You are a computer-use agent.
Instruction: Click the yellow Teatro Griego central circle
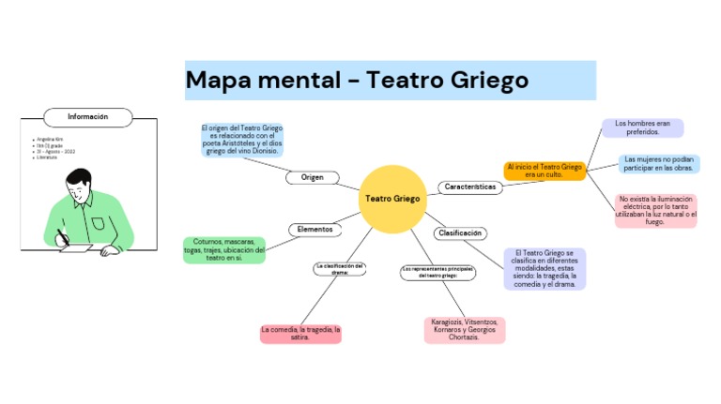(x=392, y=199)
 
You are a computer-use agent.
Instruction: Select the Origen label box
(x=312, y=177)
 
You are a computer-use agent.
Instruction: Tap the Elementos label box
(x=314, y=229)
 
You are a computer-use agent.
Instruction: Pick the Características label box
(x=469, y=187)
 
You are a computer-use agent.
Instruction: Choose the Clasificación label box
(x=461, y=232)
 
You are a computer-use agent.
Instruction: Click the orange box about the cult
(x=545, y=171)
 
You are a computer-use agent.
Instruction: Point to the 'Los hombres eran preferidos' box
(x=643, y=127)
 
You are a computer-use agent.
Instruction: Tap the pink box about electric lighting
(x=656, y=211)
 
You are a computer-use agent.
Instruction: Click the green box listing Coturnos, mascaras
(x=224, y=249)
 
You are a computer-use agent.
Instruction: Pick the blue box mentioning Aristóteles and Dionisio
(x=241, y=140)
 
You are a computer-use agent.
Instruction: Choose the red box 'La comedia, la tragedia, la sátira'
(x=300, y=334)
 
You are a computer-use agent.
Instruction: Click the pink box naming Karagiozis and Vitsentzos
(x=464, y=330)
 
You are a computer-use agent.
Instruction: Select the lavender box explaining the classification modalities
(x=545, y=269)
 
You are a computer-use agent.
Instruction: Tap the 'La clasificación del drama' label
(x=339, y=269)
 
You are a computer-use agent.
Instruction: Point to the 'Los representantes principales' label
(x=437, y=273)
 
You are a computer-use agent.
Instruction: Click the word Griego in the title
(x=481, y=81)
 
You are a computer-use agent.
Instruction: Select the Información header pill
(x=87, y=117)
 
